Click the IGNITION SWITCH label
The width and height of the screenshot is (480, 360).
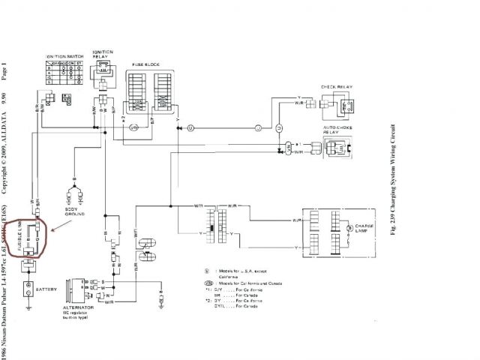click(x=64, y=57)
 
